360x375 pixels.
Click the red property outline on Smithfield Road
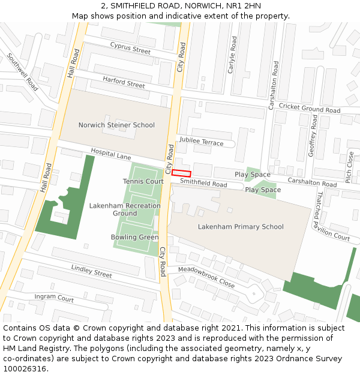pos(181,173)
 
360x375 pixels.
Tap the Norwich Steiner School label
pos(116,125)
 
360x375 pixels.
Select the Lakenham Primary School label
pos(241,227)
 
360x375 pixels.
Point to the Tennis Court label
pos(143,181)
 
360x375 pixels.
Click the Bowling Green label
pos(135,237)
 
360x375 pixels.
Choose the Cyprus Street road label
pos(130,48)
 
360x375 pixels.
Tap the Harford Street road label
pos(124,82)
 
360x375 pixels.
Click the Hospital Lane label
pos(111,154)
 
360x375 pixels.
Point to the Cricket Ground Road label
pos(310,109)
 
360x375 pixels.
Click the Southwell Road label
pos(23,73)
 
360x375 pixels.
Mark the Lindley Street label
pos(92,271)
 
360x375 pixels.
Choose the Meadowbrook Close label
pos(206,277)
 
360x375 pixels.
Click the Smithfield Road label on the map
pos(203,182)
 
